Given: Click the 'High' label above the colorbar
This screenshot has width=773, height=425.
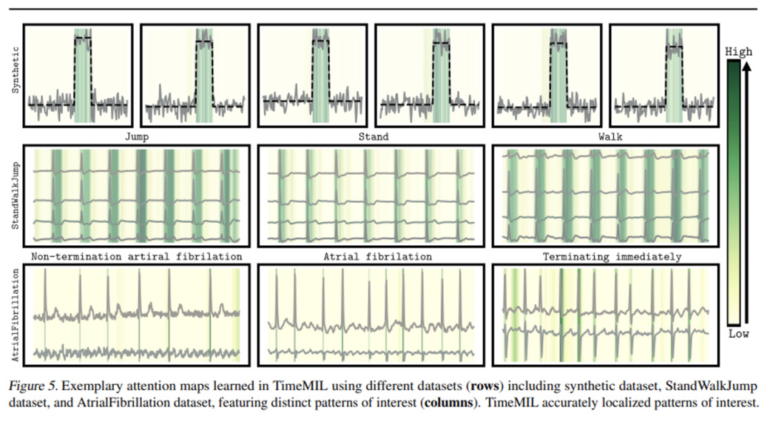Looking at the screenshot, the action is [x=739, y=52].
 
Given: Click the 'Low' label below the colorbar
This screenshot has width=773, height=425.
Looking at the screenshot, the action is [x=739, y=335].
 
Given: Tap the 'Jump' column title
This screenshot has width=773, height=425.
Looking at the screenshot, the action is [x=136, y=137].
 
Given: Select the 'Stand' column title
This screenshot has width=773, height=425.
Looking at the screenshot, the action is [x=374, y=137].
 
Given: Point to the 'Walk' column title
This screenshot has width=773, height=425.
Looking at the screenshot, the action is [x=610, y=137].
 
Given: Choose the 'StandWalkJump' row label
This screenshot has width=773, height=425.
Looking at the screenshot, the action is [x=15, y=194].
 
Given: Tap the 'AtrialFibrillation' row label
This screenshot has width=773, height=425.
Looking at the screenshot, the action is [x=15, y=315].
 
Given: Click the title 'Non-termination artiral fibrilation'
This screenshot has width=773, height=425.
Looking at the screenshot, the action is [x=136, y=257].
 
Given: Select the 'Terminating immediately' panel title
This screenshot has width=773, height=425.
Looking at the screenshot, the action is [x=611, y=257].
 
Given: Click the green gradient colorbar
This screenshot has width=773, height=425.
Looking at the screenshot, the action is [x=731, y=194].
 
